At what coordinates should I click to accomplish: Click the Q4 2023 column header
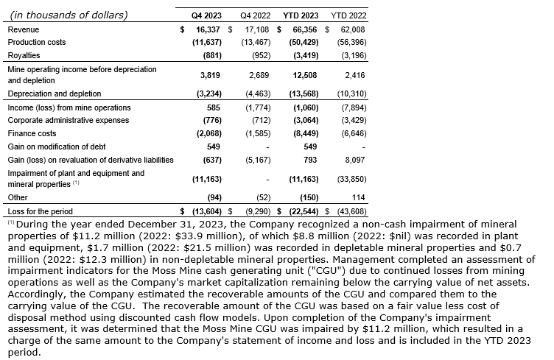point(206,15)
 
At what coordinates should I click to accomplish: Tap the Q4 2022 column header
point(254,15)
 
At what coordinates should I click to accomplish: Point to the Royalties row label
point(24,54)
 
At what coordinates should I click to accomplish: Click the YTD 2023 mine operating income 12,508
point(304,74)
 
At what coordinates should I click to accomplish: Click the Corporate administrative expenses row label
point(68,119)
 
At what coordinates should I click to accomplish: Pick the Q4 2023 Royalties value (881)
point(210,54)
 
